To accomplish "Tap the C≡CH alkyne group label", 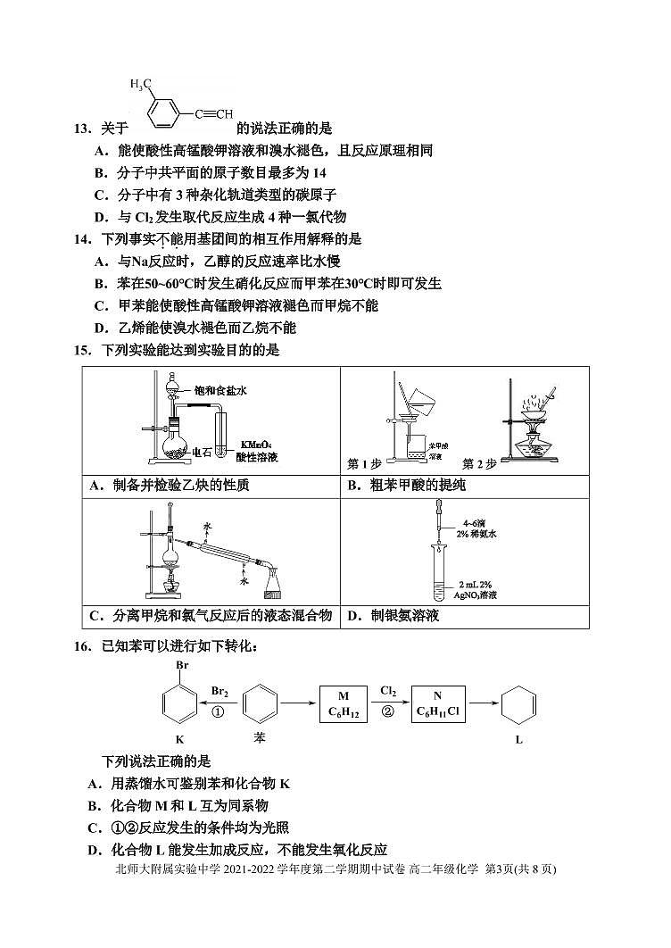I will tap(217, 113).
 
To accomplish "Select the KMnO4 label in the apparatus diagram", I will tap(253, 444).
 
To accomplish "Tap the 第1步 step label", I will tap(364, 464).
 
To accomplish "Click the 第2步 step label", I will tap(479, 464).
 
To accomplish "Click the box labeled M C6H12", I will tap(344, 703).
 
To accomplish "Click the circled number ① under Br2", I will tap(218, 711).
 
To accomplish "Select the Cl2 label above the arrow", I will tap(388, 691).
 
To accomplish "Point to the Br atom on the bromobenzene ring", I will tap(180, 666).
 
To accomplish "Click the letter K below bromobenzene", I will tap(179, 739).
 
